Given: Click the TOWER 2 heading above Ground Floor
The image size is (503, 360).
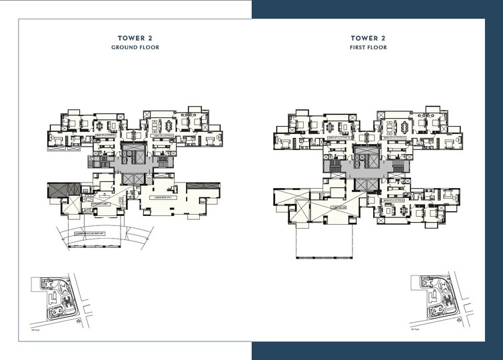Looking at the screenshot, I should click(x=135, y=38).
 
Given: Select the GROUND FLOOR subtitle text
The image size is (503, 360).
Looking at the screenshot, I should click(x=135, y=48).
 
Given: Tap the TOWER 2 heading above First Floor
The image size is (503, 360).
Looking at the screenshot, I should click(x=368, y=38).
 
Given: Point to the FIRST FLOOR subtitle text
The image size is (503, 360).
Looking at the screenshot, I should click(x=368, y=48).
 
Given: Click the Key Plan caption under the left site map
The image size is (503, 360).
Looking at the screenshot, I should click(x=37, y=329).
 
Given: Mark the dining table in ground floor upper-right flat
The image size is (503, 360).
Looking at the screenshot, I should click(x=156, y=125).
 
